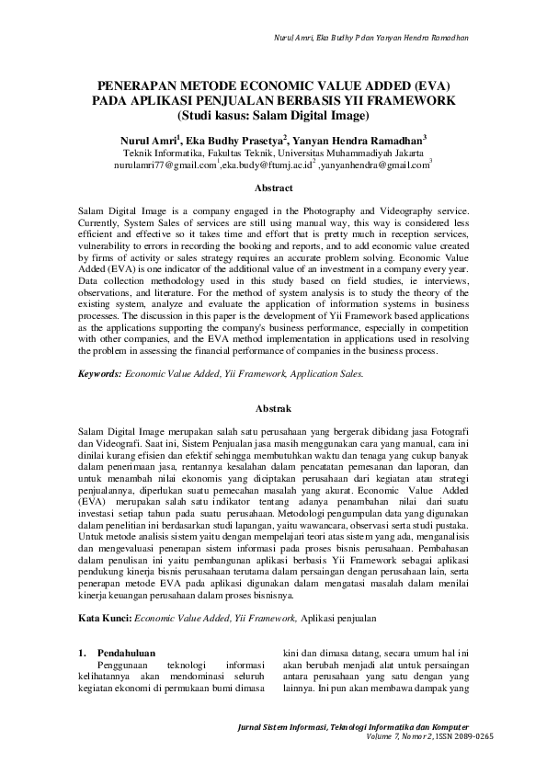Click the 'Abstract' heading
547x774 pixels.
(x=273, y=188)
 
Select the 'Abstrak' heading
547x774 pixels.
(x=273, y=406)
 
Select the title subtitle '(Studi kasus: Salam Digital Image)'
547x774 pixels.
(x=273, y=116)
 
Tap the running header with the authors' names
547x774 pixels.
(x=370, y=38)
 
